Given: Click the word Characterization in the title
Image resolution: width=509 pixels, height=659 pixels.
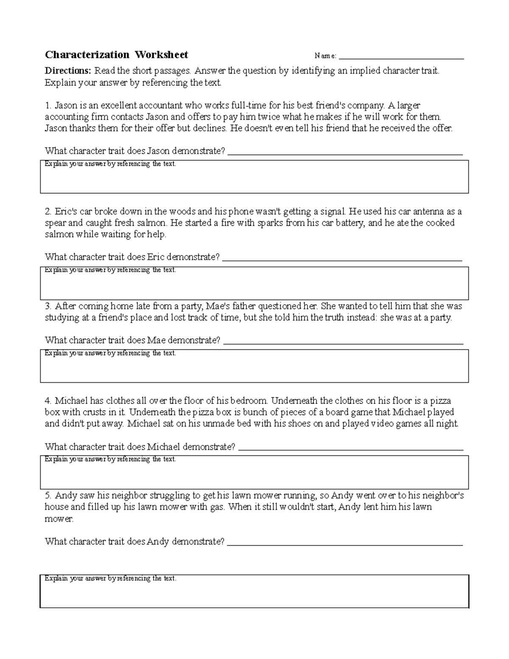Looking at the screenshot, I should click(x=87, y=55).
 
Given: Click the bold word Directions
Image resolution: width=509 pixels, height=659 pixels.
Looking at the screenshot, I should click(x=68, y=71).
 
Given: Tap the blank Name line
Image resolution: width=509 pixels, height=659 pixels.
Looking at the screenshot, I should click(x=401, y=57).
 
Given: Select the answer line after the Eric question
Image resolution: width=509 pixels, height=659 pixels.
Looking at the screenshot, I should click(x=342, y=259).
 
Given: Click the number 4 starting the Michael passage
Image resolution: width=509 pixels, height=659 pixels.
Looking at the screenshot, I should click(x=48, y=401).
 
